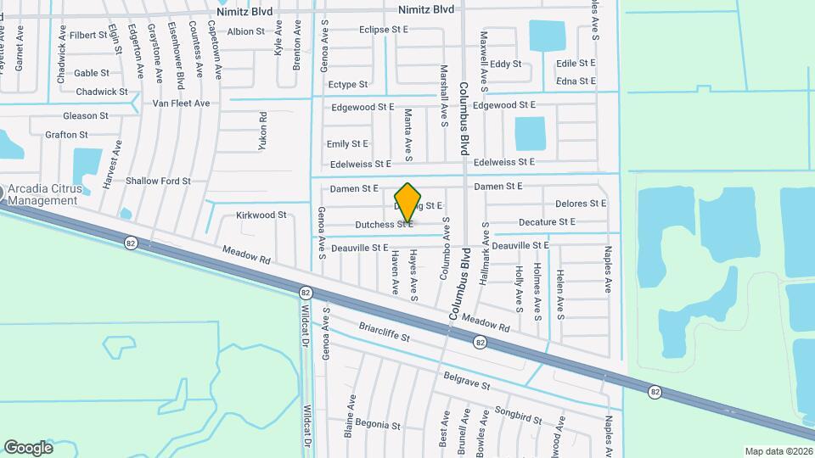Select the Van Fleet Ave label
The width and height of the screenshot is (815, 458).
coord(181,103)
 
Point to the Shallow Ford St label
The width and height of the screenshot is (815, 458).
coord(158,181)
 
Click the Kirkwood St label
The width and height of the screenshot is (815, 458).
coord(261,215)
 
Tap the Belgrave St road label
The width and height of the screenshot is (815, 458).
coord(466,380)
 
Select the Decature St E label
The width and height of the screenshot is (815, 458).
coord(547,222)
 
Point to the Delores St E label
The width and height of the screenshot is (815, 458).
coord(581,204)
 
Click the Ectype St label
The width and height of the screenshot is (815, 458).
coord(348,85)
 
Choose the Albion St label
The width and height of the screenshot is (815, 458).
coord(246,31)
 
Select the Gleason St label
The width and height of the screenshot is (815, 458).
coord(86,115)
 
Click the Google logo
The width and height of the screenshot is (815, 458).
coord(28,447)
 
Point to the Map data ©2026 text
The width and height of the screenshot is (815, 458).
coord(778,451)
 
